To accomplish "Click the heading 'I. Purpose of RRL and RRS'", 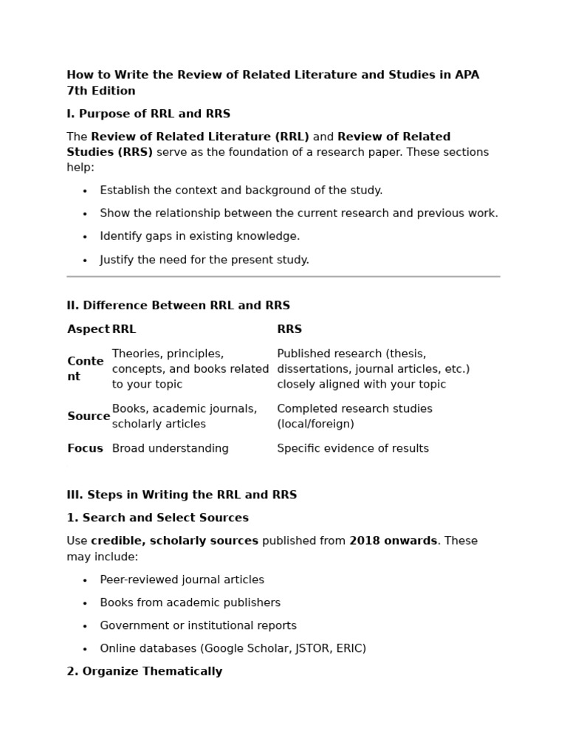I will pos(148,114).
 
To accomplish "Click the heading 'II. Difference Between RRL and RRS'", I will pos(178,305).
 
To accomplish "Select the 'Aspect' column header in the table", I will pos(88,329).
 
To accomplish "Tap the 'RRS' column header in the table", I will pos(289,329).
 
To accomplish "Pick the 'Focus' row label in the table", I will pos(85,448).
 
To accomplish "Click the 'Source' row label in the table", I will pos(89,416).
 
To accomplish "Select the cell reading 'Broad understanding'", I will pos(170,448).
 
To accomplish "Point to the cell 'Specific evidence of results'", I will pos(352,448).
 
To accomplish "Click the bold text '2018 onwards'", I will pos(393,540).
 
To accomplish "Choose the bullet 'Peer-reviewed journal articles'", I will pos(182,580).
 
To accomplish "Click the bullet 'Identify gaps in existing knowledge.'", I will pos(199,236).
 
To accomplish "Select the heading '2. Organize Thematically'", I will pos(144,671).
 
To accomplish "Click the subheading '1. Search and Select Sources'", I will pos(157,518).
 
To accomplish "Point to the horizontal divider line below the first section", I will pos(283,277).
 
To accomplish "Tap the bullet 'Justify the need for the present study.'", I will pos(205,260).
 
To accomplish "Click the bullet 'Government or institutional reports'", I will pos(198,625).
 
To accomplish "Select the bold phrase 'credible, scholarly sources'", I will pos(174,540).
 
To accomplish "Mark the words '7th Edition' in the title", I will pos(101,91).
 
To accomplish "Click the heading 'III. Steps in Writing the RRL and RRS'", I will pos(182,495).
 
